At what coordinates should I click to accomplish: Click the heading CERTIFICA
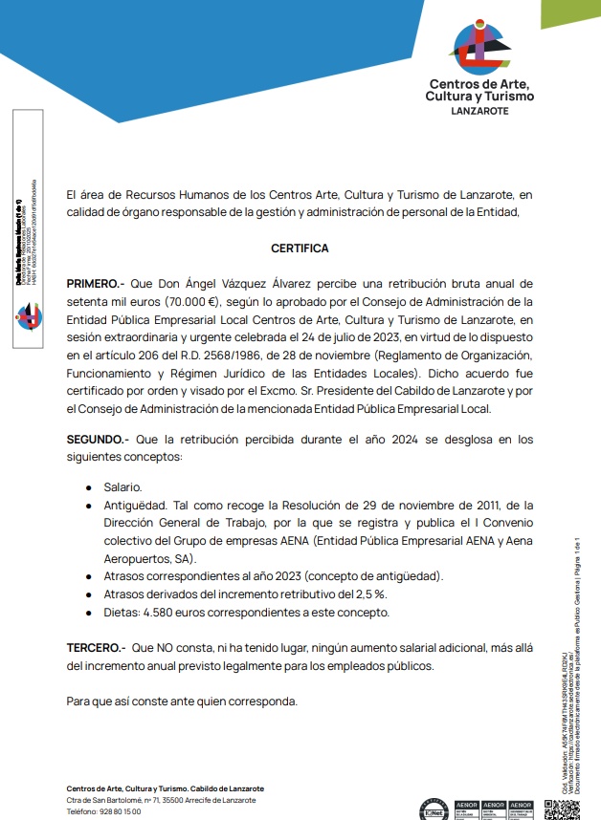point(300,248)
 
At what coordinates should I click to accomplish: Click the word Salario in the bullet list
point(122,487)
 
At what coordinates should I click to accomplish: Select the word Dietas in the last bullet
point(122,612)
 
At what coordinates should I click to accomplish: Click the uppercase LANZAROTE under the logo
point(479,111)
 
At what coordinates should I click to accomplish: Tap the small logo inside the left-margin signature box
point(29,314)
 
